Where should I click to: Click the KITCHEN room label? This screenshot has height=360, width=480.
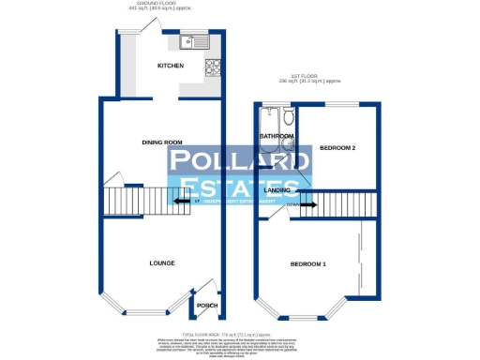pyautogui.click(x=170, y=66)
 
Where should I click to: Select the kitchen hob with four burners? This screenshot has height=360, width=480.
pyautogui.click(x=212, y=67)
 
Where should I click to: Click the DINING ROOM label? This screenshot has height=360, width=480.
pyautogui.click(x=160, y=142)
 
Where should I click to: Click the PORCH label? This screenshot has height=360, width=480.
pyautogui.click(x=204, y=306)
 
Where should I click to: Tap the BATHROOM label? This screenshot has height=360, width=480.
pyautogui.click(x=277, y=137)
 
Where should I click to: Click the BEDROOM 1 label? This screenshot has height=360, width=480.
pyautogui.click(x=307, y=265)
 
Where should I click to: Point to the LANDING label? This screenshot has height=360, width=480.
pyautogui.click(x=277, y=190)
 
